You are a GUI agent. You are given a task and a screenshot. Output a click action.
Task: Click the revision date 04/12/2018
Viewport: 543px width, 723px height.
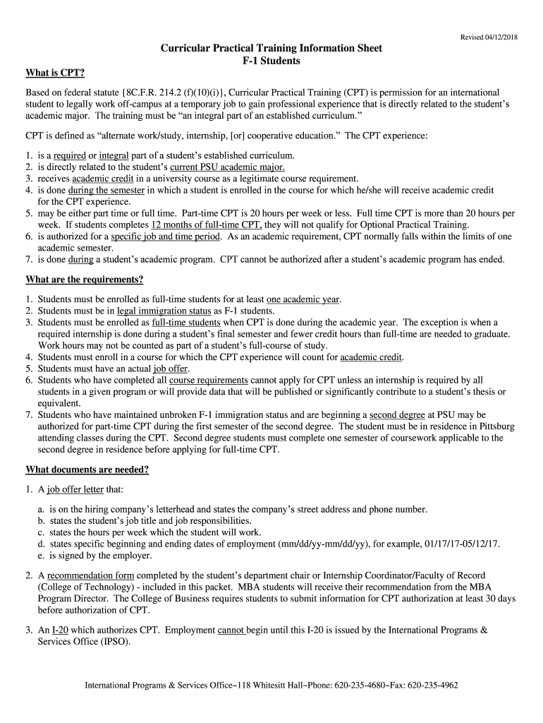(x=499, y=37)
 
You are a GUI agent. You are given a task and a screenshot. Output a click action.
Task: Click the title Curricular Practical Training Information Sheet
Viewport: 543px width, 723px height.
(x=271, y=48)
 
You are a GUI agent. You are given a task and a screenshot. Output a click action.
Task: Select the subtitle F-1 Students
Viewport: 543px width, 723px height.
(x=271, y=61)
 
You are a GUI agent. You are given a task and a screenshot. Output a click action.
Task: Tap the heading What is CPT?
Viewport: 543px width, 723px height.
(x=55, y=73)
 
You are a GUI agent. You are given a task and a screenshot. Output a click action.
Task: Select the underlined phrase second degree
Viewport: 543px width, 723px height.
(x=397, y=414)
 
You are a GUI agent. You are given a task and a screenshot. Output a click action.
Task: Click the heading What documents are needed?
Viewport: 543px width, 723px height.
(x=87, y=470)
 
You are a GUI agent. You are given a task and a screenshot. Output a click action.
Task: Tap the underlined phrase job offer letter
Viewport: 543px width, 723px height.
(x=75, y=489)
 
